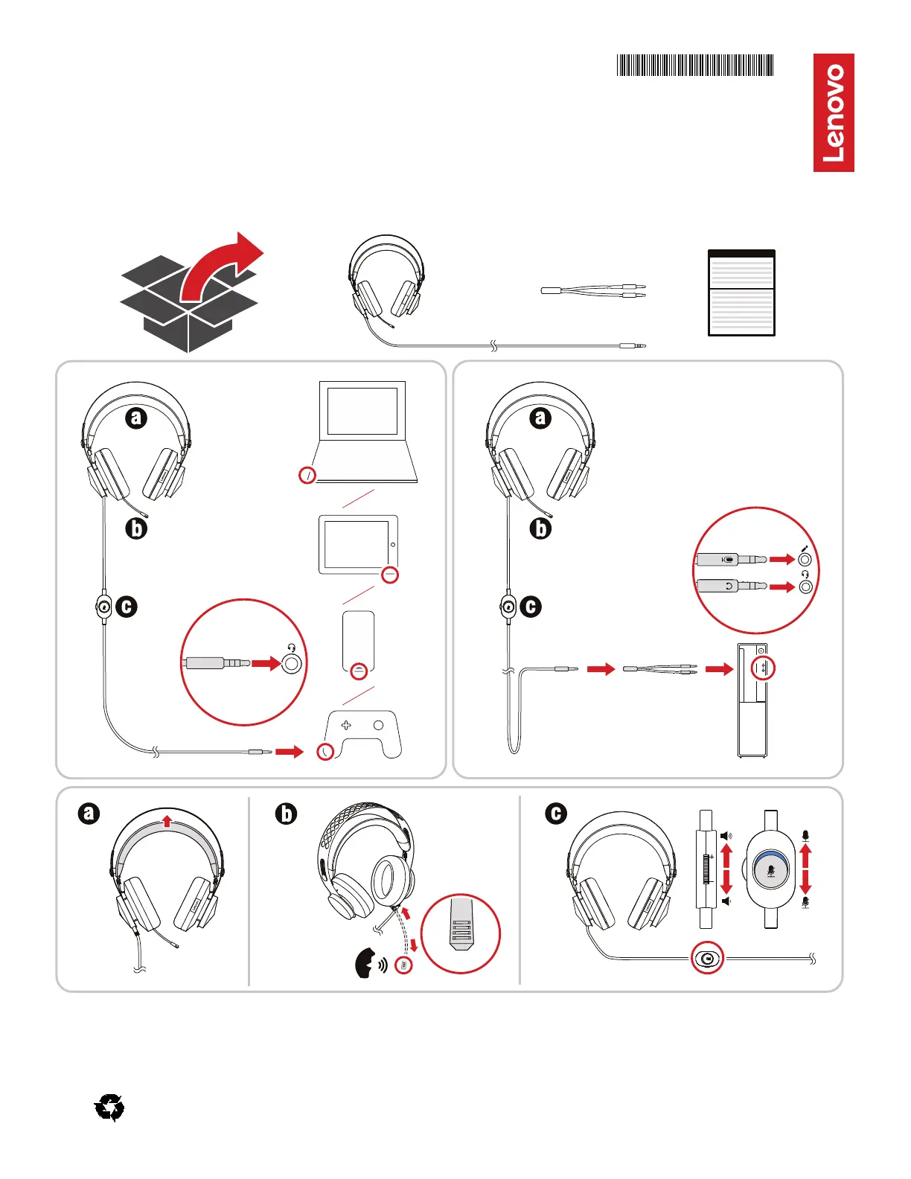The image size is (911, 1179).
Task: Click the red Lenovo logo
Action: click(x=834, y=112)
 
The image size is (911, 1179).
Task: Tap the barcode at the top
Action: click(x=695, y=65)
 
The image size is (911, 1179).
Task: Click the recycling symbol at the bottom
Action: click(x=109, y=1108)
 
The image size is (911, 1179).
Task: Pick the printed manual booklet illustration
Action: click(x=741, y=293)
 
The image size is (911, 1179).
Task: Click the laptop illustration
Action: click(x=364, y=432)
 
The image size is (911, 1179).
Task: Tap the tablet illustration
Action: click(x=358, y=544)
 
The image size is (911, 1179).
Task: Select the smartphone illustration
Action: click(x=359, y=645)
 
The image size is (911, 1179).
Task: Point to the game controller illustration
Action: click(x=364, y=735)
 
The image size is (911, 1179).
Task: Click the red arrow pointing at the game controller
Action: click(x=290, y=752)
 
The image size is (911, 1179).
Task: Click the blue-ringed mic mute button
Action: click(x=771, y=869)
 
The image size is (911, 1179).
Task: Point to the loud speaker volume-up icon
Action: click(x=726, y=836)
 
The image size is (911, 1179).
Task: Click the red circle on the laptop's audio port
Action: click(x=307, y=475)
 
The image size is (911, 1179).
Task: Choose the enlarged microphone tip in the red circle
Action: click(x=461, y=933)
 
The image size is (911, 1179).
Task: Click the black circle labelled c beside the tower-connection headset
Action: click(x=531, y=607)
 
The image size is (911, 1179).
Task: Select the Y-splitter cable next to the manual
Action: click(x=593, y=290)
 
